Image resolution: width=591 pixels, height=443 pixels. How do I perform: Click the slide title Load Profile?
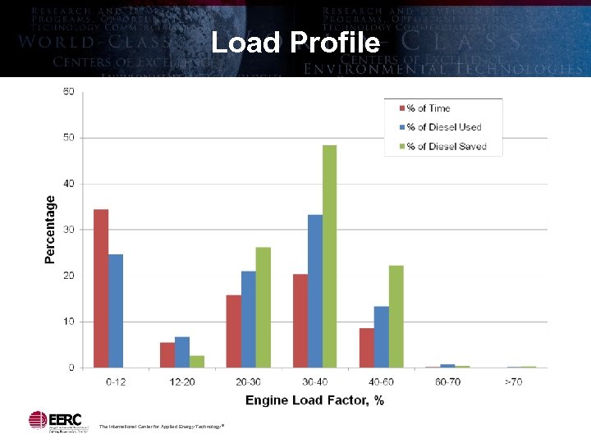point(295,42)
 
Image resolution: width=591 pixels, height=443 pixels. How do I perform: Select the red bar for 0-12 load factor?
point(101,288)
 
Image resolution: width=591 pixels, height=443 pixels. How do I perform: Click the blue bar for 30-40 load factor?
point(314,290)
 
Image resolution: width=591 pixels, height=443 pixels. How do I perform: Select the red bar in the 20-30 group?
point(234,331)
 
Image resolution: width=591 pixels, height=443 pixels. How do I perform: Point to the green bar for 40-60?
point(396,316)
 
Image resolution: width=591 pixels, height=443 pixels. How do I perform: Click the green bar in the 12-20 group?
point(197,361)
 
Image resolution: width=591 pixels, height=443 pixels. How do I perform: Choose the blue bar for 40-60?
point(381,336)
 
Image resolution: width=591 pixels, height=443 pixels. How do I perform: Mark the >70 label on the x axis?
point(514,381)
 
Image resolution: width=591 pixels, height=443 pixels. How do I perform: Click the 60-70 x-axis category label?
point(447,381)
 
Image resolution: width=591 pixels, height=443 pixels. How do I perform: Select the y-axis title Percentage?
point(50,229)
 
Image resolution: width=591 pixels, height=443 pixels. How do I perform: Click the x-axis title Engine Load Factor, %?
point(314,400)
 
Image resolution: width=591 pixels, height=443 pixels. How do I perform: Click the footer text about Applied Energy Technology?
point(161,427)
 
